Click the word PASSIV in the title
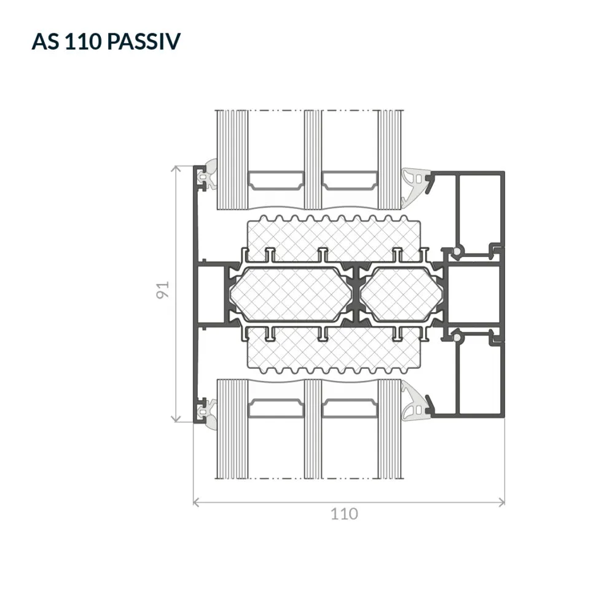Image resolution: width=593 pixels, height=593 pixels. (143, 41)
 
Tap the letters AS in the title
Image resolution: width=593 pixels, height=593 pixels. (45, 41)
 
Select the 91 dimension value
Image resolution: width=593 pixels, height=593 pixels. (163, 289)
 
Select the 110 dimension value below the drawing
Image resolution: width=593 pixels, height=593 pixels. (344, 514)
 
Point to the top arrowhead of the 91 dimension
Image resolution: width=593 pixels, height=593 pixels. (176, 168)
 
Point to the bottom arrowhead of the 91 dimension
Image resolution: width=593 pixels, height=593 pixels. (176, 419)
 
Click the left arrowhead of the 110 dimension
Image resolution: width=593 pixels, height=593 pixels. (196, 502)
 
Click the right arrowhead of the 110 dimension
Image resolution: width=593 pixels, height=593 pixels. (502, 502)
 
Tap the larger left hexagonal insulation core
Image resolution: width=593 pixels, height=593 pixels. (291, 294)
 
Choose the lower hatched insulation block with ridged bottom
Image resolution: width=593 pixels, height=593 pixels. (334, 350)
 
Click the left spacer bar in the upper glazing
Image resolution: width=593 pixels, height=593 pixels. (276, 180)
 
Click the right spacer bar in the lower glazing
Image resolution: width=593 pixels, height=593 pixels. (350, 409)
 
